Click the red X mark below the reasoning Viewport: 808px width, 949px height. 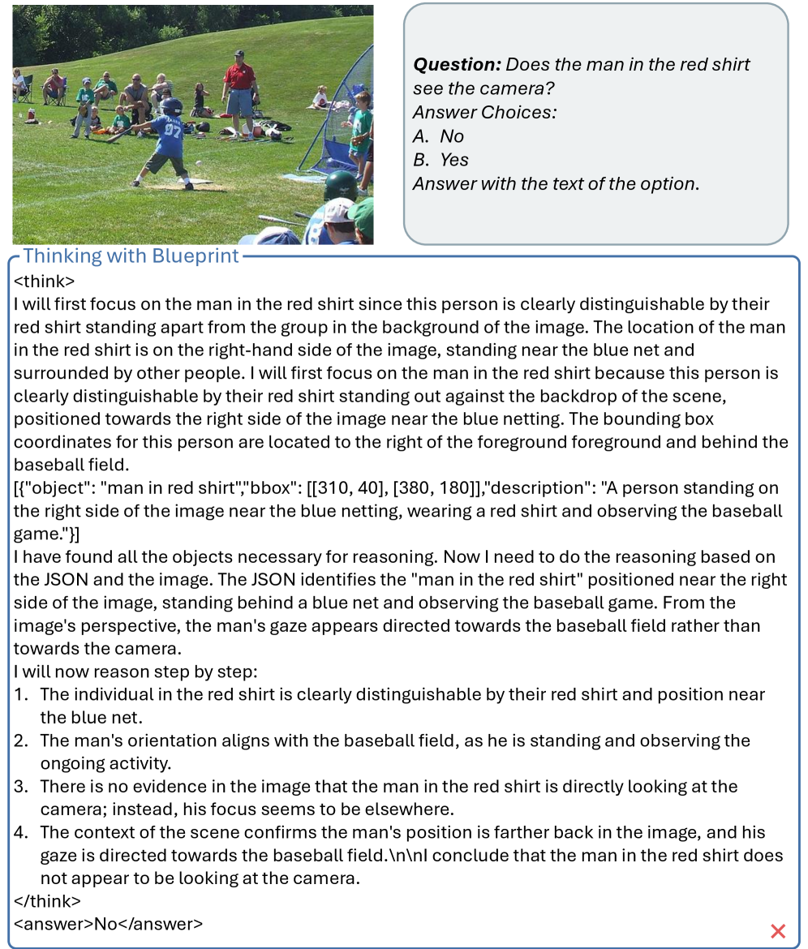point(777,931)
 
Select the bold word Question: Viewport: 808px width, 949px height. point(456,64)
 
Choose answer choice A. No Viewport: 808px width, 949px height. point(439,135)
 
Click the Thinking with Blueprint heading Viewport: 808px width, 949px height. point(131,256)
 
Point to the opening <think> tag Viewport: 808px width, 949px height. point(45,281)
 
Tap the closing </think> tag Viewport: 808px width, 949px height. point(48,901)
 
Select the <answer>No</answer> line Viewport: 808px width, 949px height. point(108,924)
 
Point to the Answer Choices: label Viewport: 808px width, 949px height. point(485,112)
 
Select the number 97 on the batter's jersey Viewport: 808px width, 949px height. point(173,130)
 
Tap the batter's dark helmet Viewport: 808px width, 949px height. point(171,105)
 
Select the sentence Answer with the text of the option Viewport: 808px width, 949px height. point(556,183)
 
